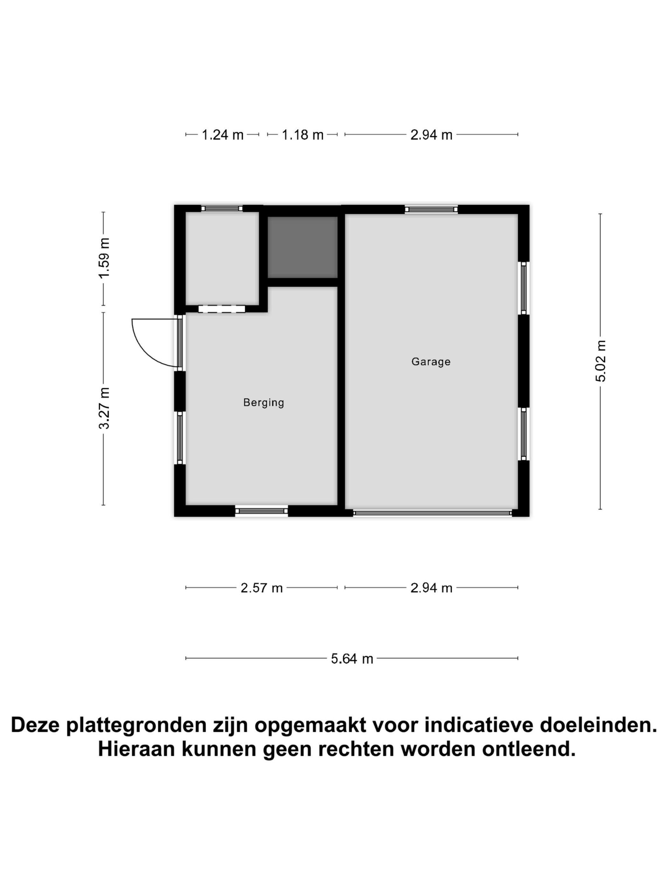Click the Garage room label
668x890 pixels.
(430, 361)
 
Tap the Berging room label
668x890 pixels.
(263, 402)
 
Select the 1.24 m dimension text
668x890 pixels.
(222, 135)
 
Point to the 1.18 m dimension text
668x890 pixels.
(303, 135)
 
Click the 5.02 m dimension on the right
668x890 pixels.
(600, 361)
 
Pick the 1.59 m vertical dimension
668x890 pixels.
(104, 258)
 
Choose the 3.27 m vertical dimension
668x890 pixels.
(104, 408)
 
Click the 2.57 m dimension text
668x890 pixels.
(261, 588)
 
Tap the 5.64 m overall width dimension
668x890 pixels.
(351, 659)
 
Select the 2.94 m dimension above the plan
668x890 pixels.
(431, 135)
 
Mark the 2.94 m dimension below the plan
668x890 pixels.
(431, 588)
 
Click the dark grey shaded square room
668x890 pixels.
(303, 247)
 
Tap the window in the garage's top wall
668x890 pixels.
(431, 209)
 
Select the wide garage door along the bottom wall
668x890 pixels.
(432, 513)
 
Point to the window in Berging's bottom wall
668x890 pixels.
(261, 511)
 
